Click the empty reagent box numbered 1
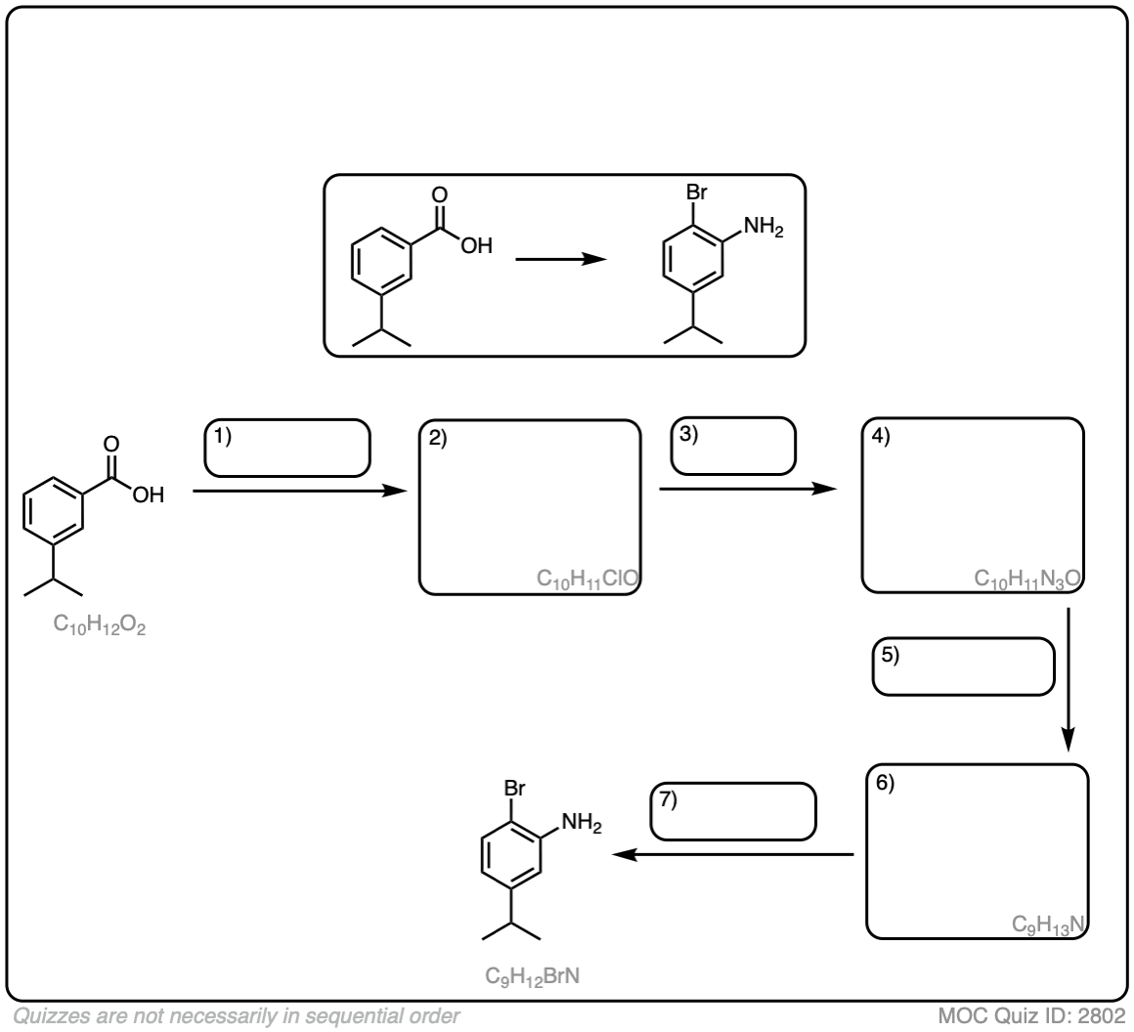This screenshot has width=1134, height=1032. (287, 449)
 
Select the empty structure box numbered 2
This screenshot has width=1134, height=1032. (530, 506)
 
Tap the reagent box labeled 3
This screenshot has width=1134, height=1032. (733, 447)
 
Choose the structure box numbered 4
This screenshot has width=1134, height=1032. (973, 506)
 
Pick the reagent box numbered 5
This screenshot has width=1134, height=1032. (963, 667)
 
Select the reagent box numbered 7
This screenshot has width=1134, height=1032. (733, 811)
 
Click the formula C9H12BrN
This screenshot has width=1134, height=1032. (533, 975)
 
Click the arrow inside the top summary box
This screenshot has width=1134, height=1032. (560, 260)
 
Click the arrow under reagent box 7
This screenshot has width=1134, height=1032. (733, 855)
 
